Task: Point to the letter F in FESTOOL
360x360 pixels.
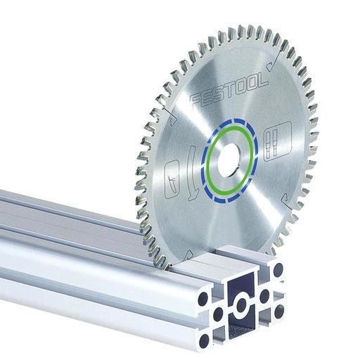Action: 198,100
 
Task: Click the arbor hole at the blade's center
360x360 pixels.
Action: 230,160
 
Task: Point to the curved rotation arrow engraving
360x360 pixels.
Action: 193,174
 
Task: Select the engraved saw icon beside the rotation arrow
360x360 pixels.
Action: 172,179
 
